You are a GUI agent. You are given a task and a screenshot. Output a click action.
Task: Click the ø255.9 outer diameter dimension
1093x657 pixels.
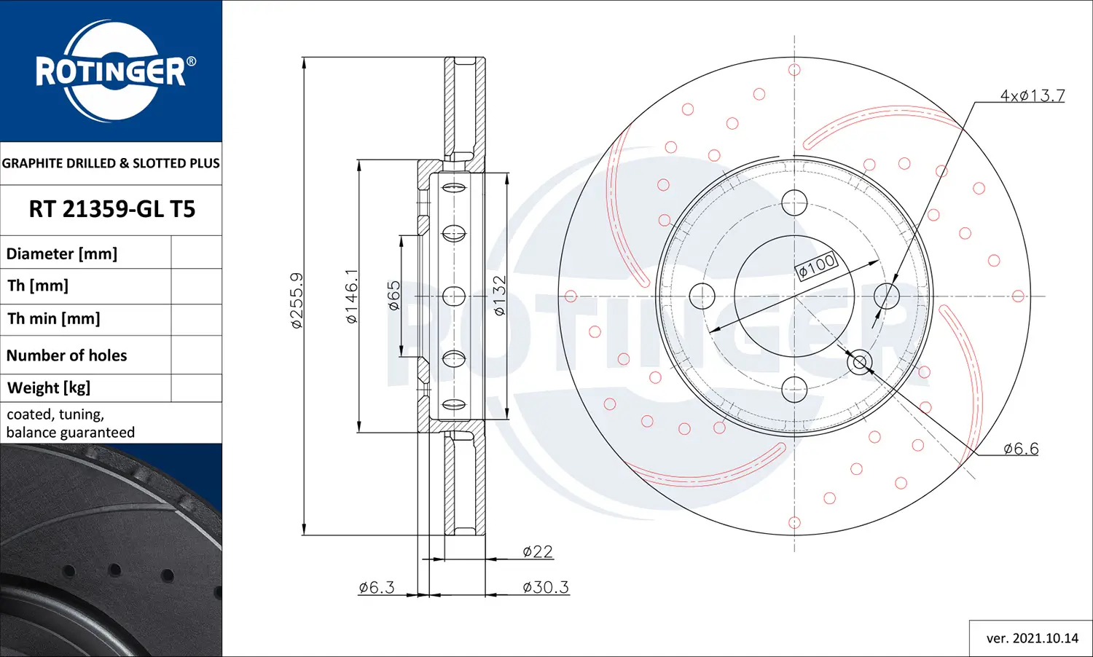pos(296,300)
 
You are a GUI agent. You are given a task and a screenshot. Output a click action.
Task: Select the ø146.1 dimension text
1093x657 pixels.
pos(351,296)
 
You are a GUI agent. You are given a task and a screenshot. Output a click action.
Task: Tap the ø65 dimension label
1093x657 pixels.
pos(393,296)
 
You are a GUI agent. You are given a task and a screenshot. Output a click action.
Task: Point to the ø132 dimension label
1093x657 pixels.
pos(499,296)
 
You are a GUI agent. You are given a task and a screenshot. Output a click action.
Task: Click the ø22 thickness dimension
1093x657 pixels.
pos(537,551)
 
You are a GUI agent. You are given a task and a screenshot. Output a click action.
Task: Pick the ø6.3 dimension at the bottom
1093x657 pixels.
pos(376,587)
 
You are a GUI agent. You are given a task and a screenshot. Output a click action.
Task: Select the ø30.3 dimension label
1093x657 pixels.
pos(545,587)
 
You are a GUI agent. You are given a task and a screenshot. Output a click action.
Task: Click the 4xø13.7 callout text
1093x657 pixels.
pos(1032,95)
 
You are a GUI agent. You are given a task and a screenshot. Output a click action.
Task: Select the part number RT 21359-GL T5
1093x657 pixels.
pos(111,210)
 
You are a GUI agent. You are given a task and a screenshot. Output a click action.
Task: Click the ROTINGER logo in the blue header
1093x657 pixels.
pos(111,71)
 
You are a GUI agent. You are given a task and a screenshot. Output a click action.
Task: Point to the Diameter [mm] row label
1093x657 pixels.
pos(62,253)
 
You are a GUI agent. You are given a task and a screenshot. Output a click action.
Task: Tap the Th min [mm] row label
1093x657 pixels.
pos(54,319)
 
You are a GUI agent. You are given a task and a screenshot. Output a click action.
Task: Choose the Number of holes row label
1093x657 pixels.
pos(66,355)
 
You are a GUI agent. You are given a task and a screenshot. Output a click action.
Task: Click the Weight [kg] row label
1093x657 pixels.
pos(49,387)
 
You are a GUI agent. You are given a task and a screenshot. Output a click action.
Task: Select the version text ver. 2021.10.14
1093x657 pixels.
pos(1032,638)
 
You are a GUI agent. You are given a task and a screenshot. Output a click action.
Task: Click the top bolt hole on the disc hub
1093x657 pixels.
pos(794,203)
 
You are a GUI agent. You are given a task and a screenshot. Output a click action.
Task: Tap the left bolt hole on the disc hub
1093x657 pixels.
pos(702,296)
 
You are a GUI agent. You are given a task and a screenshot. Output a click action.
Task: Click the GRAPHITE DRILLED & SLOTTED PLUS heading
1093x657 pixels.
pos(111,163)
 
